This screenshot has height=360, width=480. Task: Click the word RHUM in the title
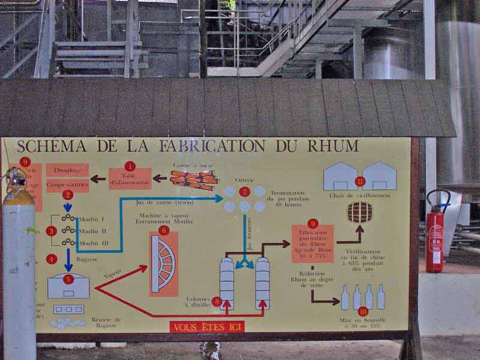[x=332, y=146]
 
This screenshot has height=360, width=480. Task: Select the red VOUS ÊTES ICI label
[x=207, y=327]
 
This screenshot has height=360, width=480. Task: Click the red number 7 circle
[x=244, y=192]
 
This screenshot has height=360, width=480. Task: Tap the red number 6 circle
[x=164, y=230]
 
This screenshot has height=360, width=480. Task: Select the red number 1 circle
[x=130, y=166]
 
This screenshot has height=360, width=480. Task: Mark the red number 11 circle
[x=360, y=181]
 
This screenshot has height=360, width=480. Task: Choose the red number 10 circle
[x=362, y=311]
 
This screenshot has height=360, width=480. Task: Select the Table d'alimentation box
[x=130, y=179]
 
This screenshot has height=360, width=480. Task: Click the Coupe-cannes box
[x=67, y=185]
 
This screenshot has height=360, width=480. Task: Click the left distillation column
[x=227, y=282]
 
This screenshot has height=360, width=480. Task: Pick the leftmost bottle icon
[x=345, y=297]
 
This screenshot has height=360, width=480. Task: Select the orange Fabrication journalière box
[x=313, y=244]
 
